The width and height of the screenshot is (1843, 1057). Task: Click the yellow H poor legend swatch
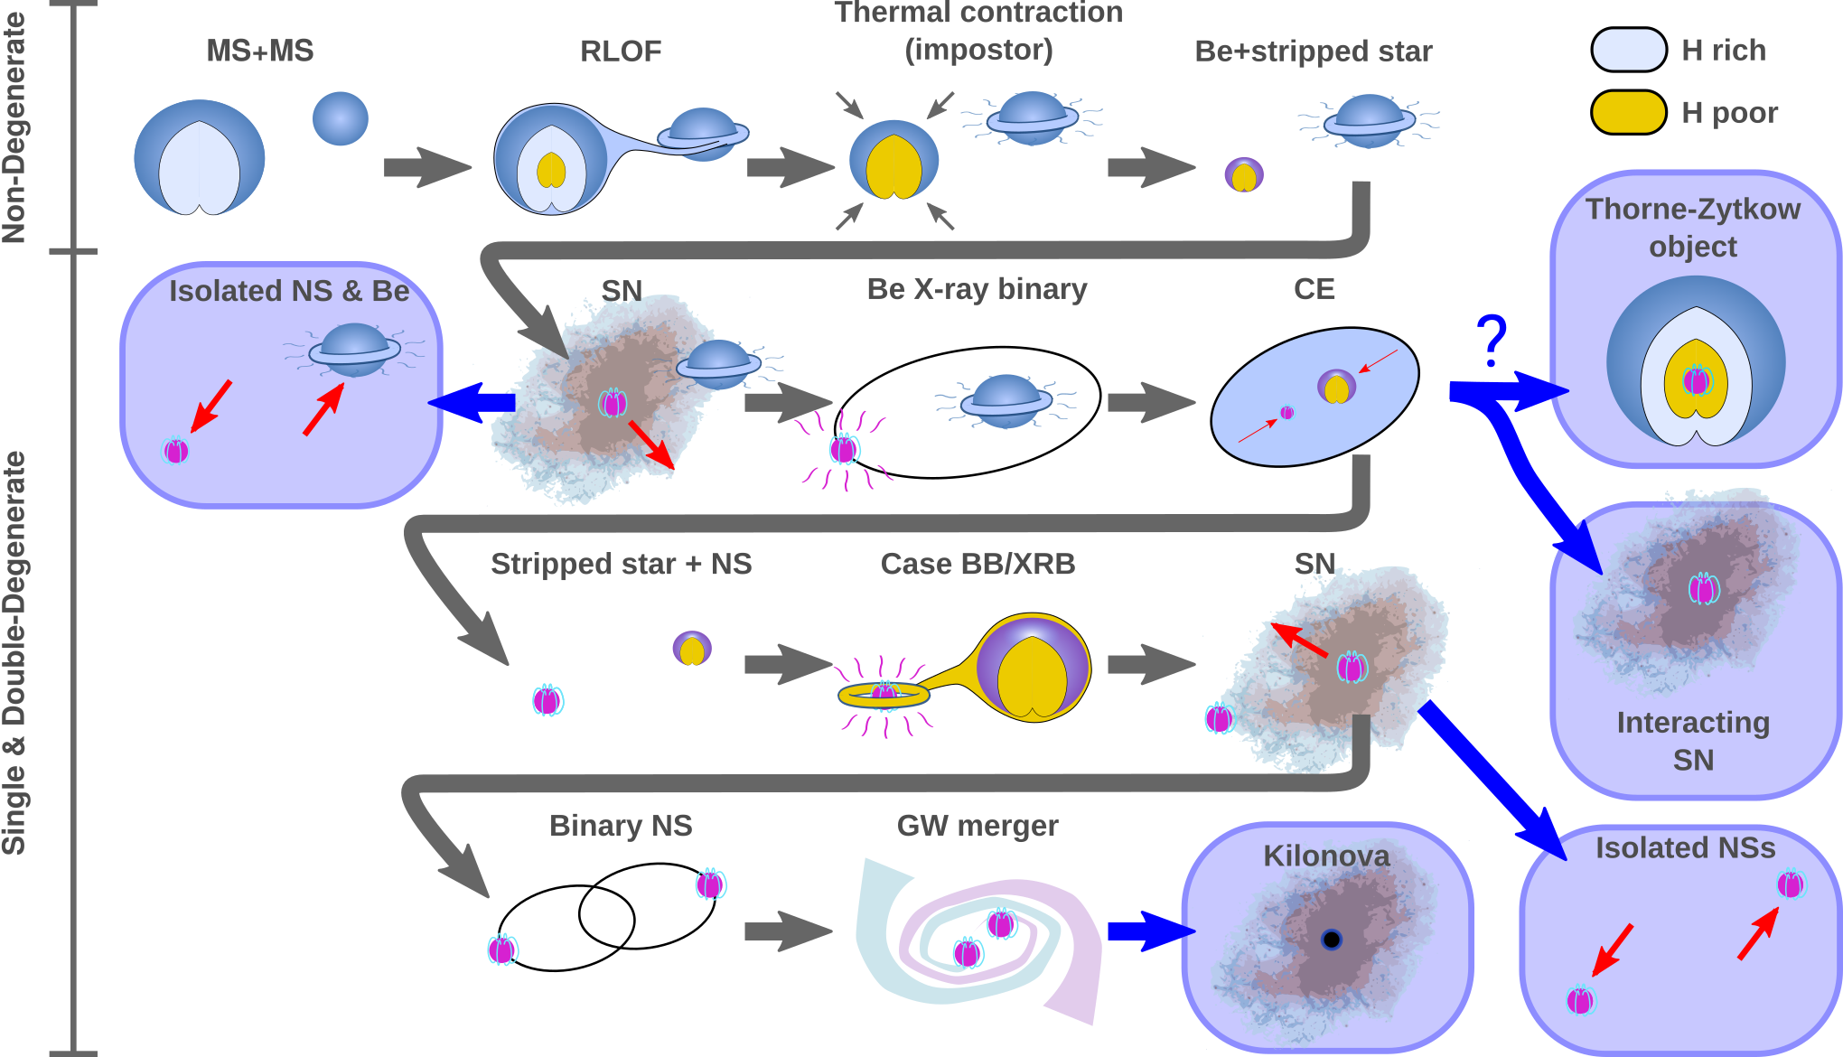coord(1628,112)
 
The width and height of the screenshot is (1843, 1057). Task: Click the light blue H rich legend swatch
coord(1628,50)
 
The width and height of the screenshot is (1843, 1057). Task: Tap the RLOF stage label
coord(621,51)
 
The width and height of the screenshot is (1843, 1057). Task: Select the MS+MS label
coord(260,51)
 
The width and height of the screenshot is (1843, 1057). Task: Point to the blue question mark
coord(1492,341)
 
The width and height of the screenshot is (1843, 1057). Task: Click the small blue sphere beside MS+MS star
coord(341,118)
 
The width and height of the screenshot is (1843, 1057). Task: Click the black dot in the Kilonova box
coord(1331,940)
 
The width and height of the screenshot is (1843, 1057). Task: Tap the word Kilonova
coord(1326,856)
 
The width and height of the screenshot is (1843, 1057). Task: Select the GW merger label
coord(978,826)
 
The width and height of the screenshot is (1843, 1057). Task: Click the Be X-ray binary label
coord(977,289)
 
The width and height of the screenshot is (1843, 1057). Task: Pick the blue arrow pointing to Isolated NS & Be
coord(472,402)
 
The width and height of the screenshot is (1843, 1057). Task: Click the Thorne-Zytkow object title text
coord(1693,228)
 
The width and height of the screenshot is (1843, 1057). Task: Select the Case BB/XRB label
coord(978,564)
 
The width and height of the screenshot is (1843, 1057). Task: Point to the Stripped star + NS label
coord(621,564)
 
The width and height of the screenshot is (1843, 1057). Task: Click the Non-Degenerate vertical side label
coord(15,126)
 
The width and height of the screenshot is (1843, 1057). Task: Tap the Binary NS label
coord(621,826)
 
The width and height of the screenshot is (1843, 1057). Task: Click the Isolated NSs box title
coord(1685,848)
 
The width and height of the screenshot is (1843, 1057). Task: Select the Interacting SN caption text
coord(1693,741)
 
